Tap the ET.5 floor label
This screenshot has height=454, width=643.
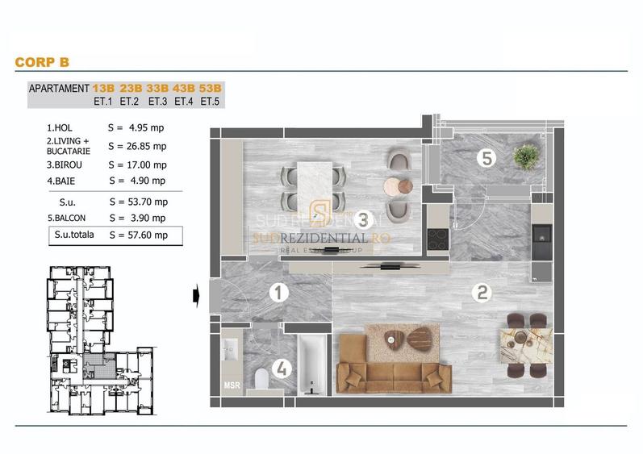210,102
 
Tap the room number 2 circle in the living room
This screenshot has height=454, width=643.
482,294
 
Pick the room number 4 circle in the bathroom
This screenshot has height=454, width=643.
280,370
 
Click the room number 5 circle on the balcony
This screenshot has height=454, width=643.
486,158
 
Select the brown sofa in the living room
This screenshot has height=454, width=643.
392,370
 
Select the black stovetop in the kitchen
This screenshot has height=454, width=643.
438,240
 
